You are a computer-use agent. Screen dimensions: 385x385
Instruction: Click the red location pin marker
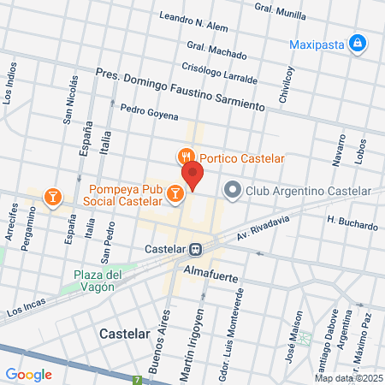[192, 175]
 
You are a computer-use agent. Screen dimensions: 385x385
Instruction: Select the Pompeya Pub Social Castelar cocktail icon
[175, 194]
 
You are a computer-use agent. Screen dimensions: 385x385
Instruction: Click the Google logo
[29, 374]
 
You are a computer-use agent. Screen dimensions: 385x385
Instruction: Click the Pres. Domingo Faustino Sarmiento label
[181, 89]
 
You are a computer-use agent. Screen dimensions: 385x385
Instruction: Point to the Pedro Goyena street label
[149, 111]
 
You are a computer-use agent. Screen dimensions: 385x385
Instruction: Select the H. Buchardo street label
[352, 222]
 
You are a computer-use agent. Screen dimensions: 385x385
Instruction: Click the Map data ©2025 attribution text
[348, 378]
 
